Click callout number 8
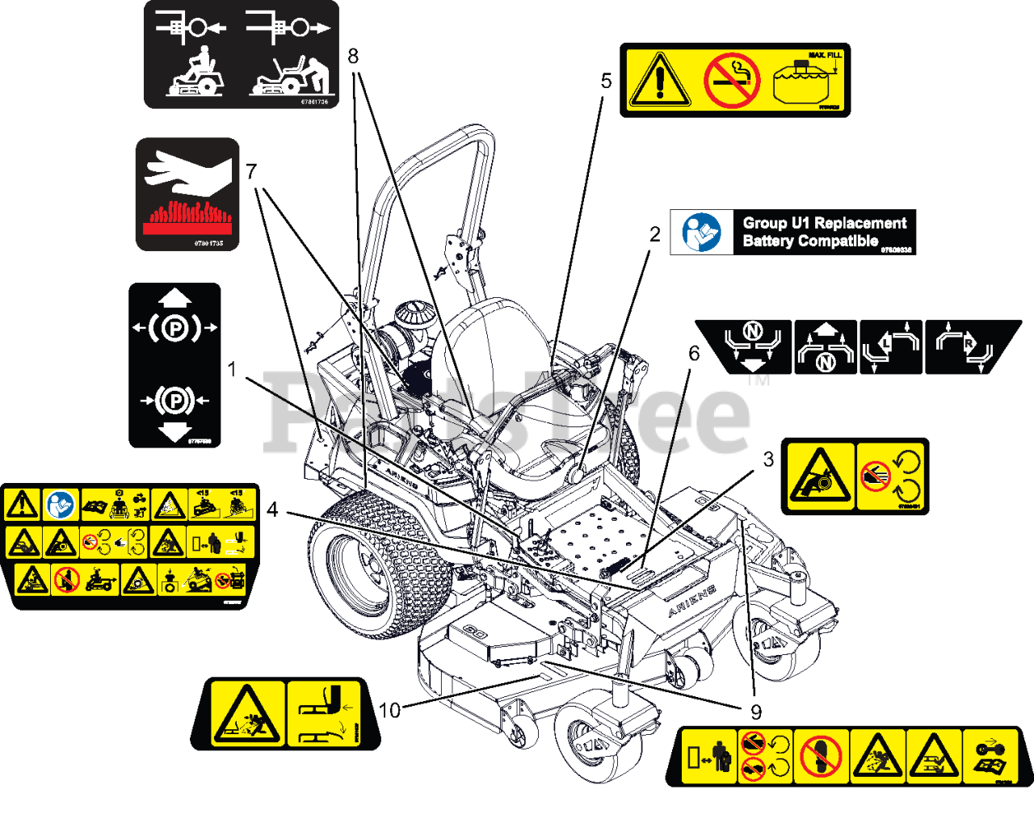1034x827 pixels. click(x=353, y=56)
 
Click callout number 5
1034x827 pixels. click(x=606, y=81)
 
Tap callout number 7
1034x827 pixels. click(x=251, y=171)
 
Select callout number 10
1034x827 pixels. click(x=389, y=710)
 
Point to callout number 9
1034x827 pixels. click(x=755, y=712)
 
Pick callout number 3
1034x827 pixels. click(x=768, y=459)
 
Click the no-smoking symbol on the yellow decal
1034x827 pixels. click(x=732, y=81)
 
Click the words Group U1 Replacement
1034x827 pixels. click(x=824, y=223)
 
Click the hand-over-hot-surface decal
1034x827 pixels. click(x=187, y=194)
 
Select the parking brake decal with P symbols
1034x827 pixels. click(x=174, y=365)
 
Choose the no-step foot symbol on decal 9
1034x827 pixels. click(x=821, y=757)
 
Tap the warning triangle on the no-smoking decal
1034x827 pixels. click(x=660, y=81)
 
